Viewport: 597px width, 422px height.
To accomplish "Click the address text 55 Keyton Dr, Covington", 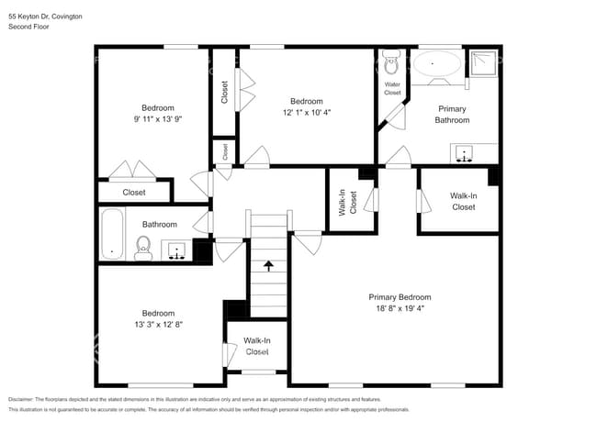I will click(45, 17).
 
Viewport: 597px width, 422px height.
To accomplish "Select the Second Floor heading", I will click(28, 28).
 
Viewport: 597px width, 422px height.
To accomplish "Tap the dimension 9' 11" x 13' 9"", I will click(152, 118).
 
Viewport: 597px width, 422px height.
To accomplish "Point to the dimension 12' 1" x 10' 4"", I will click(306, 112).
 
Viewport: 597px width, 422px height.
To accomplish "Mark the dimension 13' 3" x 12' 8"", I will click(158, 324).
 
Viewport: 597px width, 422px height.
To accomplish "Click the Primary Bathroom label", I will click(451, 114).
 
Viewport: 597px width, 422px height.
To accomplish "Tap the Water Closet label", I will click(392, 88).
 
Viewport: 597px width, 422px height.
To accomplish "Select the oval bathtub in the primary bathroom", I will click(437, 64).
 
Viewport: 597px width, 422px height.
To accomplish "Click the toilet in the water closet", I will click(391, 64).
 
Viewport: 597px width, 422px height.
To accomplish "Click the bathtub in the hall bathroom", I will click(112, 235).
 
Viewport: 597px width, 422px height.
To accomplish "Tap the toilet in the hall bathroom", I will click(143, 247).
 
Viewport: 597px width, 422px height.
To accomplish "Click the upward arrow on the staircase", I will click(268, 266).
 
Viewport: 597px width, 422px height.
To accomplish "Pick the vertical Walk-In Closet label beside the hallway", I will click(342, 199).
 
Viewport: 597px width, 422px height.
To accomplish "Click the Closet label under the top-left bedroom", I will click(134, 193).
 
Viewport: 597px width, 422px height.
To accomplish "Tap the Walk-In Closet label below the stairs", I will click(256, 346).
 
